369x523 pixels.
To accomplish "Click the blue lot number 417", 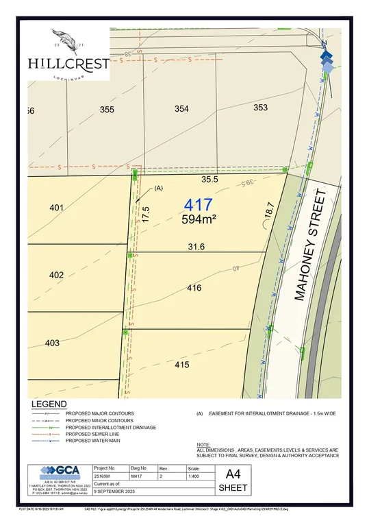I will [x=199, y=205].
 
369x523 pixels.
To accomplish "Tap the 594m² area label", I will [x=199, y=220].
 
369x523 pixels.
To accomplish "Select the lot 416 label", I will [x=194, y=288].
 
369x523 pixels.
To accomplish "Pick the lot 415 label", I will [x=181, y=365].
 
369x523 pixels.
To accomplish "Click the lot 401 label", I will [x=56, y=207].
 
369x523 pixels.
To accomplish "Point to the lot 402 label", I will [x=56, y=275].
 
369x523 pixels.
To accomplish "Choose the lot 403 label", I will [x=53, y=343].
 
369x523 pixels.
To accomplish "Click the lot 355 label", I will [x=107, y=109].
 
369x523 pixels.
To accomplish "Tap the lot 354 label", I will [x=181, y=109].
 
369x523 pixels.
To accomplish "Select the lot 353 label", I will [x=260, y=107].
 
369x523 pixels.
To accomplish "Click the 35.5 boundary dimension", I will [x=209, y=180].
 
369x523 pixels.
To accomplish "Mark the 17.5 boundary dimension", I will [x=146, y=212].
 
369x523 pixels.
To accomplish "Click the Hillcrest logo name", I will [x=68, y=63].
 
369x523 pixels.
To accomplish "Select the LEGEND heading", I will [x=49, y=404].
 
